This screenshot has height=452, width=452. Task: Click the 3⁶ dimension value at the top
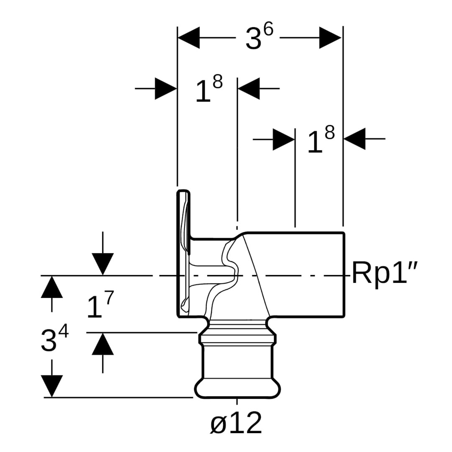pyautogui.click(x=258, y=39)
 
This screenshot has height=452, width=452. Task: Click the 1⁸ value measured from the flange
pyautogui.click(x=208, y=89)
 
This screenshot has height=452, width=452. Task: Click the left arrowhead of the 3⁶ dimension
pyautogui.click(x=189, y=38)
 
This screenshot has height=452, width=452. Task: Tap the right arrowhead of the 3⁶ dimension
pyautogui.click(x=330, y=38)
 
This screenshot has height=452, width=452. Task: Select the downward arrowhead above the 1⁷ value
pyautogui.click(x=103, y=264)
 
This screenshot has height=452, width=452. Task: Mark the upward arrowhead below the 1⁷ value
pyautogui.click(x=103, y=344)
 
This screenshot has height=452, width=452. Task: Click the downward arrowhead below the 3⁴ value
pyautogui.click(x=52, y=385)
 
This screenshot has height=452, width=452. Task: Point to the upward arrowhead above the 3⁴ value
pyautogui.click(x=52, y=287)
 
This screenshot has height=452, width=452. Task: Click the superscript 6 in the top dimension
pyautogui.click(x=268, y=30)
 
